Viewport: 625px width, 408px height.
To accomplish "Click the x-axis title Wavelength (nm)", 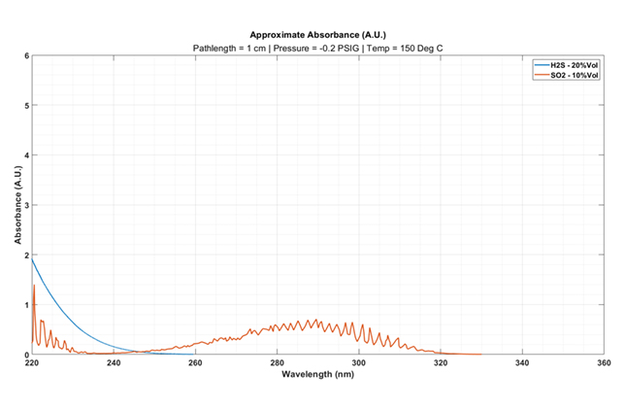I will point(317,374).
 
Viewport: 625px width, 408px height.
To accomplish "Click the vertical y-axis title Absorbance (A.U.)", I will point(16,205).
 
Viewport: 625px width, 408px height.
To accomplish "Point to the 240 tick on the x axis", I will point(114,363).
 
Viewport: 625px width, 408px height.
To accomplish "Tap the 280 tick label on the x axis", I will point(278,363).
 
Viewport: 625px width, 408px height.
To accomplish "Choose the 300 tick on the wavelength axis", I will point(359,363).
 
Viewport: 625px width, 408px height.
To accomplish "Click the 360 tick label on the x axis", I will point(604,363).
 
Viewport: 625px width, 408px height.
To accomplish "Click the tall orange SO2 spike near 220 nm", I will point(34,287).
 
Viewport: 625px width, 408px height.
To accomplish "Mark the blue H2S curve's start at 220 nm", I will point(32,258).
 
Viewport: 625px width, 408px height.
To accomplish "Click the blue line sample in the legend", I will point(541,66).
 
